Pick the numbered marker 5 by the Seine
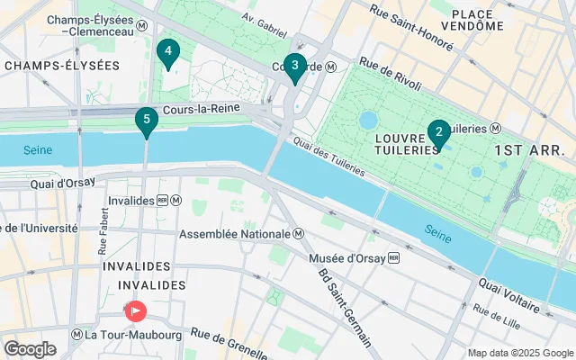tap(146, 121)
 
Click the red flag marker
tap(136, 311)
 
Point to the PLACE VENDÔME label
tap(478, 19)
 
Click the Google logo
tap(30, 349)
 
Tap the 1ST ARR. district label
tap(529, 149)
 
